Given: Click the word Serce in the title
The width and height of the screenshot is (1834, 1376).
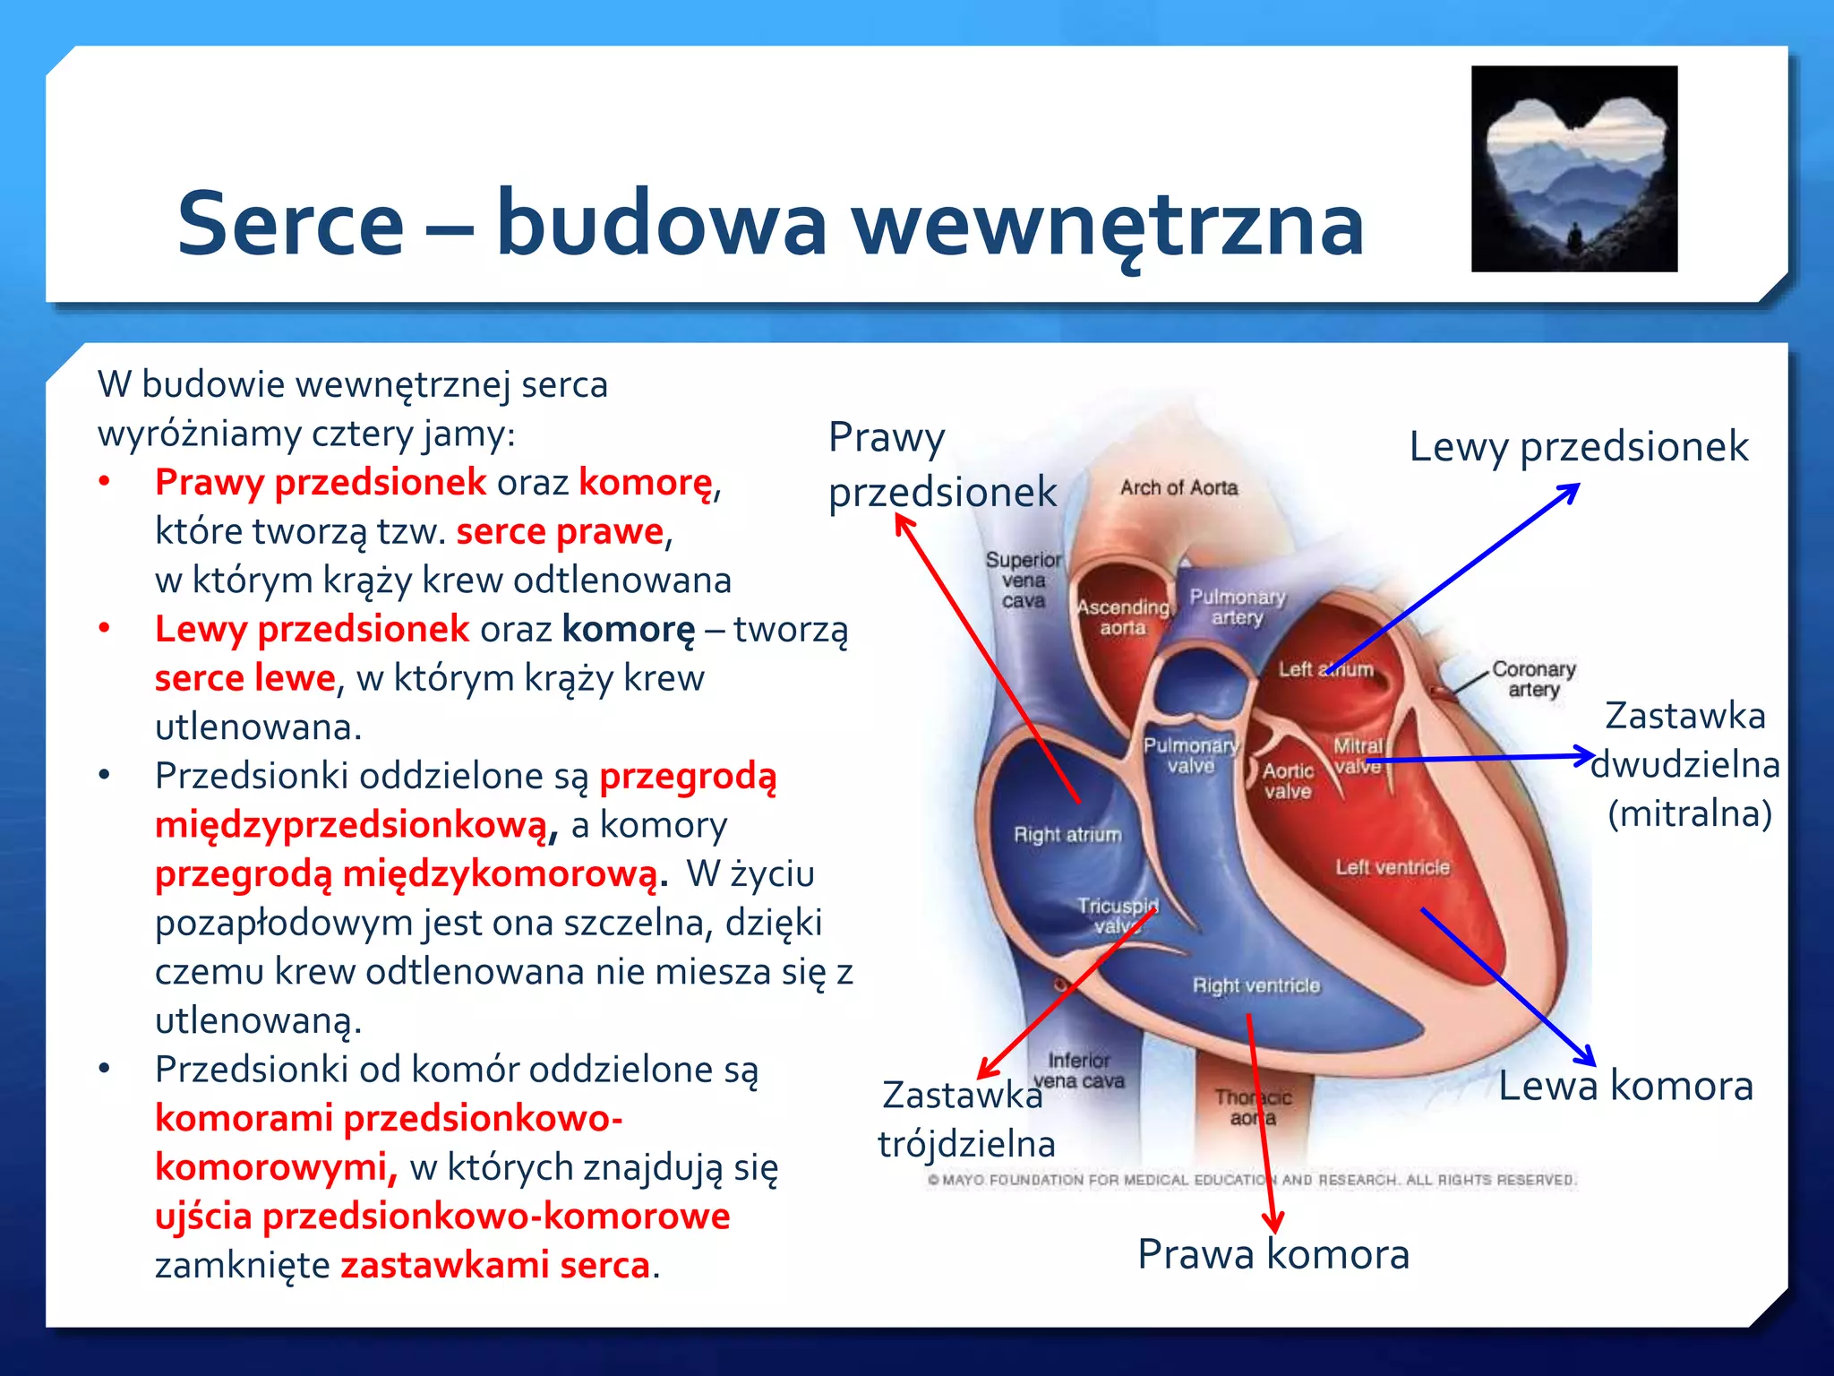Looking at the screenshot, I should pyautogui.click(x=290, y=224).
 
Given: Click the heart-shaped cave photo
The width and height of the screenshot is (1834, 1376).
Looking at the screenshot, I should pyautogui.click(x=1573, y=168).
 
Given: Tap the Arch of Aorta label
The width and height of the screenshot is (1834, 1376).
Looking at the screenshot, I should pyautogui.click(x=1178, y=488).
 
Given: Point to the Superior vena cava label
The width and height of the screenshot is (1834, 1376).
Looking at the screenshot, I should pyautogui.click(x=1024, y=580).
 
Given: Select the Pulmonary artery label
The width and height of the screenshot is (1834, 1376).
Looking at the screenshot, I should pyautogui.click(x=1237, y=606).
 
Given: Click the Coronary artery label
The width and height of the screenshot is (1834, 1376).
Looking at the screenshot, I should pyautogui.click(x=1533, y=679).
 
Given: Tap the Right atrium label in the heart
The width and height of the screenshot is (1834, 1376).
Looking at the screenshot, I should pyautogui.click(x=1067, y=835).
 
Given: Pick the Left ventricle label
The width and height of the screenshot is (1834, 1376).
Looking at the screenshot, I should pyautogui.click(x=1392, y=867).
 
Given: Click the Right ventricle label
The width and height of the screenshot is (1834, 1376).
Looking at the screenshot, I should pyautogui.click(x=1256, y=985).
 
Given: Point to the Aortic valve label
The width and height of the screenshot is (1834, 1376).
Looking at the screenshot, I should pyautogui.click(x=1288, y=781).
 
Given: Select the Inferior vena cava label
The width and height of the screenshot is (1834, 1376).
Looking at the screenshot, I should pyautogui.click(x=1079, y=1071).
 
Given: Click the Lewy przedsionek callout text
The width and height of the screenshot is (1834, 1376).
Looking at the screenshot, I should pyautogui.click(x=1578, y=447).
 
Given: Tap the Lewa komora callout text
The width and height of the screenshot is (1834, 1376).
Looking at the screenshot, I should pyautogui.click(x=1625, y=1086).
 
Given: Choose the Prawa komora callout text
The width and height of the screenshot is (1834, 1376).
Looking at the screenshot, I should pyautogui.click(x=1273, y=1254).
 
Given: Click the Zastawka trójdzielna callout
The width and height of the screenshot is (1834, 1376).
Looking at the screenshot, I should pyautogui.click(x=965, y=1120).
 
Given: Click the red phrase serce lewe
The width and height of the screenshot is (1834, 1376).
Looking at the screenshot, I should pyautogui.click(x=244, y=678).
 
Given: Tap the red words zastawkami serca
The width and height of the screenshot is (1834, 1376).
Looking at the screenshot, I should pyautogui.click(x=494, y=1265).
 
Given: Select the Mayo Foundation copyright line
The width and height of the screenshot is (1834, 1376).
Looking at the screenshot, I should pyautogui.click(x=1251, y=1180).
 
